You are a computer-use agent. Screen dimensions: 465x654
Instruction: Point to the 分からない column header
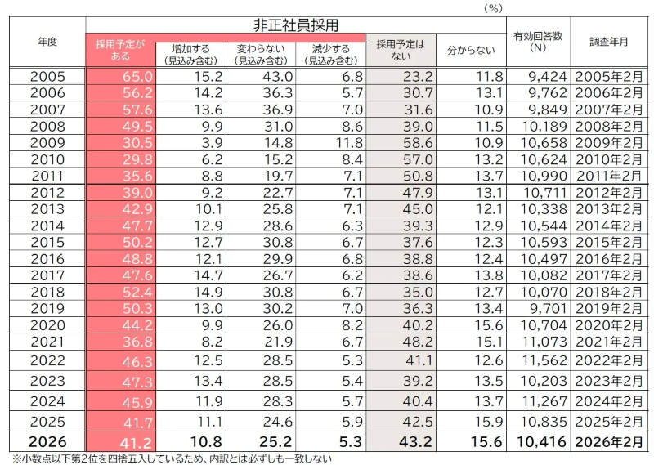(x=472, y=51)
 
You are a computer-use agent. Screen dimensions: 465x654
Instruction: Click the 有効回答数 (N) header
(x=538, y=42)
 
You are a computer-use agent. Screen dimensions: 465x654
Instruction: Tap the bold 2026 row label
(x=47, y=442)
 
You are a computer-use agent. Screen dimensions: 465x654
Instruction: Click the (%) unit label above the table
(x=493, y=7)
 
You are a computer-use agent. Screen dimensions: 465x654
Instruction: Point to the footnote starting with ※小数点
(x=172, y=459)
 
